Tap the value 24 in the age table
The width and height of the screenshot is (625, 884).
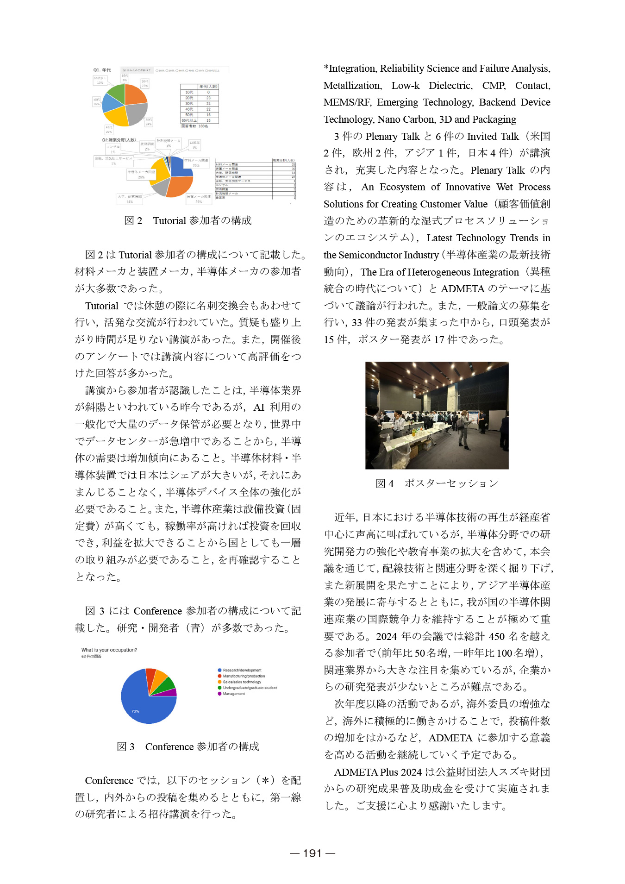(208, 104)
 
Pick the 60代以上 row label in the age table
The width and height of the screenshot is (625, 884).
(189, 120)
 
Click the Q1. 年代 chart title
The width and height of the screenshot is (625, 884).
(102, 70)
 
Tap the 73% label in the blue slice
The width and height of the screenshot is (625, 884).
(135, 711)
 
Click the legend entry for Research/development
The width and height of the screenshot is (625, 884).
(242, 670)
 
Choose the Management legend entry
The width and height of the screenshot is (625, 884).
(234, 694)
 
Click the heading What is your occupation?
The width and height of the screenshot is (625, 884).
(109, 650)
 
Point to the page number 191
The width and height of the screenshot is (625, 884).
(312, 853)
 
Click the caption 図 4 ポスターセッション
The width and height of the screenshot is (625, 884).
(437, 483)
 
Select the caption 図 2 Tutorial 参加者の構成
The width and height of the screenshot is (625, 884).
(187, 220)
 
